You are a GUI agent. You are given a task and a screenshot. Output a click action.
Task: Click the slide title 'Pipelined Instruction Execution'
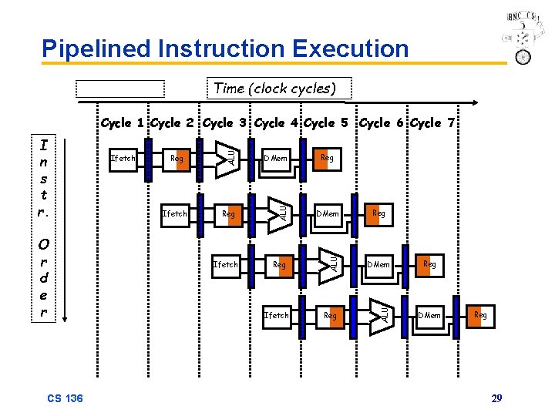point(225,49)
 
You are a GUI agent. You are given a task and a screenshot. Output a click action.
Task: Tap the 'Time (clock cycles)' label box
point(274,89)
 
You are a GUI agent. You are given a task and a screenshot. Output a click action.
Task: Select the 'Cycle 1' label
point(123,123)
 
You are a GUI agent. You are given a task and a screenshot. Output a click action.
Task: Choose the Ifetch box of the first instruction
point(123,159)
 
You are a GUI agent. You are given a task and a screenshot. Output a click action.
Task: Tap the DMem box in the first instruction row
point(275,159)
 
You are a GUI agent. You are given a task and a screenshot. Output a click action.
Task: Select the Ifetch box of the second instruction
point(174,213)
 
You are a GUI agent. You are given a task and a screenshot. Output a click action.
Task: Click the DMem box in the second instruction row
point(328,213)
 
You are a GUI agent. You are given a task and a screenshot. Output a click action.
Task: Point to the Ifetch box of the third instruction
point(225,265)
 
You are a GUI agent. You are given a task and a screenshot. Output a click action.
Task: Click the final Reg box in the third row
point(429,264)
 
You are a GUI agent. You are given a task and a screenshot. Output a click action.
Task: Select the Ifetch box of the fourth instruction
point(276,315)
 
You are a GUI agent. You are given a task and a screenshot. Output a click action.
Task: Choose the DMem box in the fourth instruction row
point(429,315)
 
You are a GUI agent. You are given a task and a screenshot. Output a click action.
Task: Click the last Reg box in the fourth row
point(479,315)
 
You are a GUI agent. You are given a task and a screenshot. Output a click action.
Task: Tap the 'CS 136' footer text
point(65,398)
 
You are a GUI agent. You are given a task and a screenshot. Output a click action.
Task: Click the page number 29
point(496,398)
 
